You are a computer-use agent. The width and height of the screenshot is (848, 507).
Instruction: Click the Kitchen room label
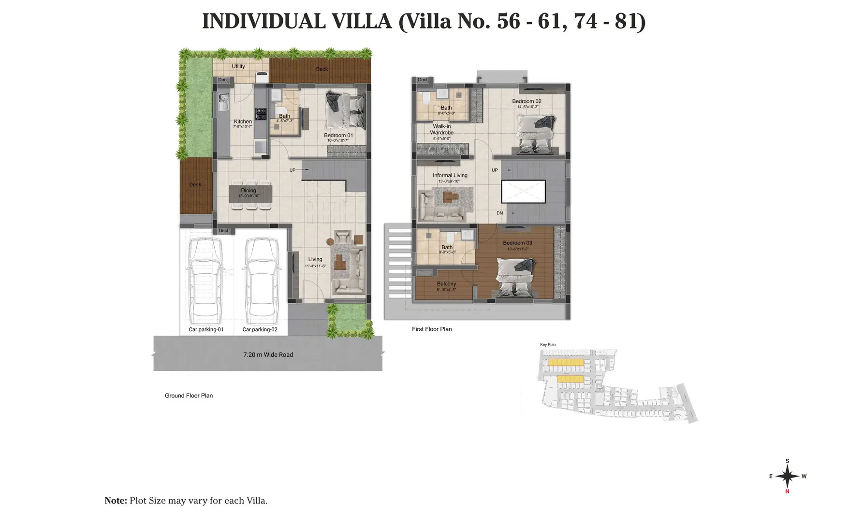tap(243, 122)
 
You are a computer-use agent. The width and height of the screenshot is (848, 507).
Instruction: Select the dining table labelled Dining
tap(250, 194)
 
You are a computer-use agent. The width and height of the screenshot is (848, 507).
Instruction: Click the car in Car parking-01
tap(206, 281)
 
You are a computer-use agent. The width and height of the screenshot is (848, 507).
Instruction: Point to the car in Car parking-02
tap(261, 281)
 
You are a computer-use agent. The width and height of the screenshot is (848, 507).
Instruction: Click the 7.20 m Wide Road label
tap(268, 355)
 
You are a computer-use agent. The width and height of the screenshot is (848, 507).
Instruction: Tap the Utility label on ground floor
tap(238, 66)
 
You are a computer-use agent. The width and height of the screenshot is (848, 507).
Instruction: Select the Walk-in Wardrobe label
tap(442, 129)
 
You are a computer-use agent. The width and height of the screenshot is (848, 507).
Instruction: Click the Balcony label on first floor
tap(446, 284)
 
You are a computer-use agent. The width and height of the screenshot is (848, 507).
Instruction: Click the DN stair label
tap(499, 213)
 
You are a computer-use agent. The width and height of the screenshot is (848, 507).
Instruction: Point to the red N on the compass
tap(787, 492)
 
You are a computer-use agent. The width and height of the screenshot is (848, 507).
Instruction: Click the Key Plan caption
tap(548, 345)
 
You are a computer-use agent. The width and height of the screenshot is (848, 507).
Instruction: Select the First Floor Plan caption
tap(432, 329)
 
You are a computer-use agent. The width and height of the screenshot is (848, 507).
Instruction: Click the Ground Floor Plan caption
tap(189, 395)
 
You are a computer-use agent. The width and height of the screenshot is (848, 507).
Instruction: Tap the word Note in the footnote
tap(116, 501)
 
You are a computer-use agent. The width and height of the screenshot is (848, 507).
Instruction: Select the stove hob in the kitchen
tap(261, 114)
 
